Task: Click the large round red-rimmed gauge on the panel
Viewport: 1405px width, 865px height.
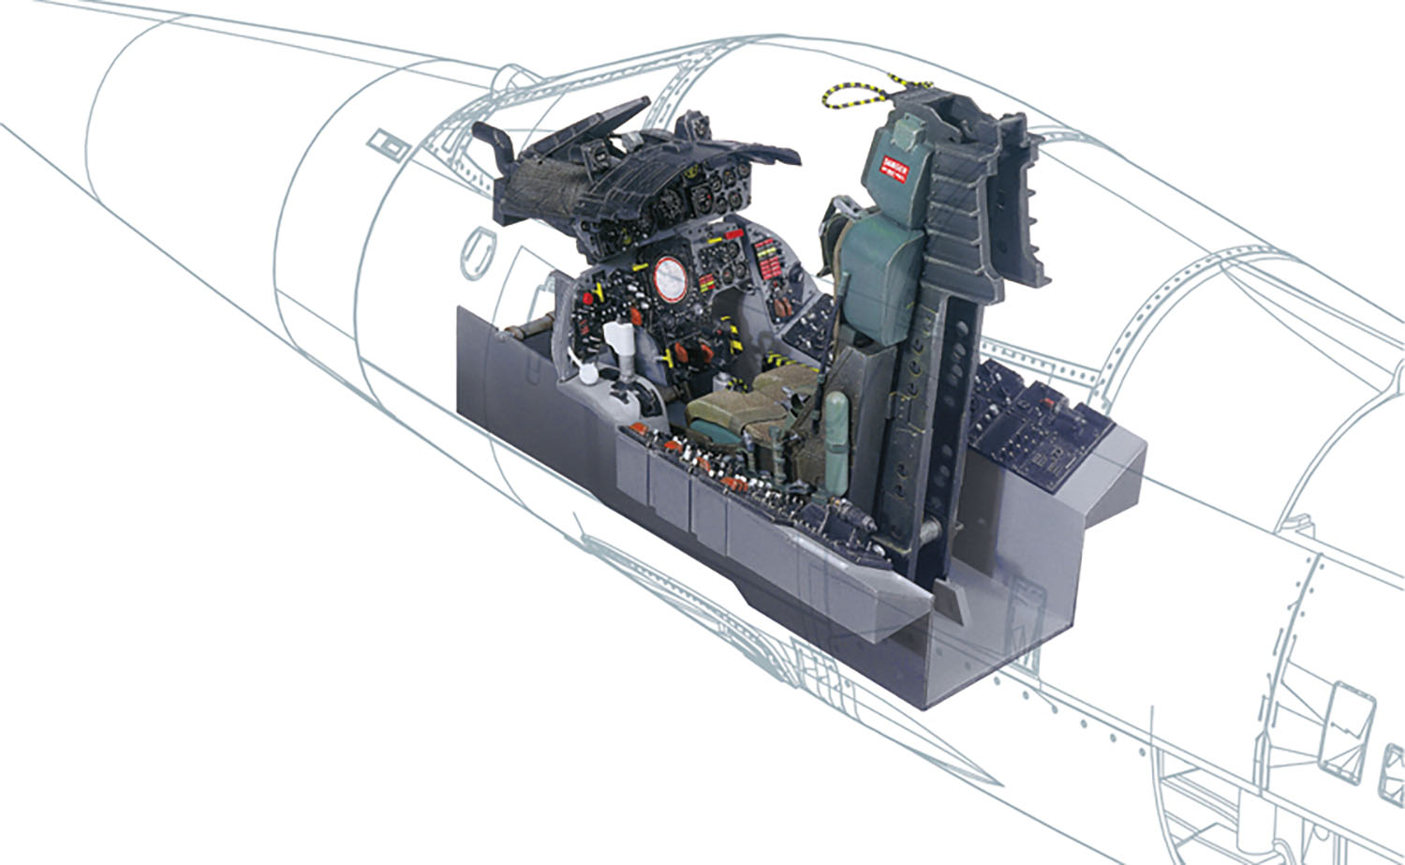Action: coord(671,279)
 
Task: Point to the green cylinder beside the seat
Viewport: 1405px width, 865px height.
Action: coord(836,422)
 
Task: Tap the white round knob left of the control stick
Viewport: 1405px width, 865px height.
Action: coord(587,375)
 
